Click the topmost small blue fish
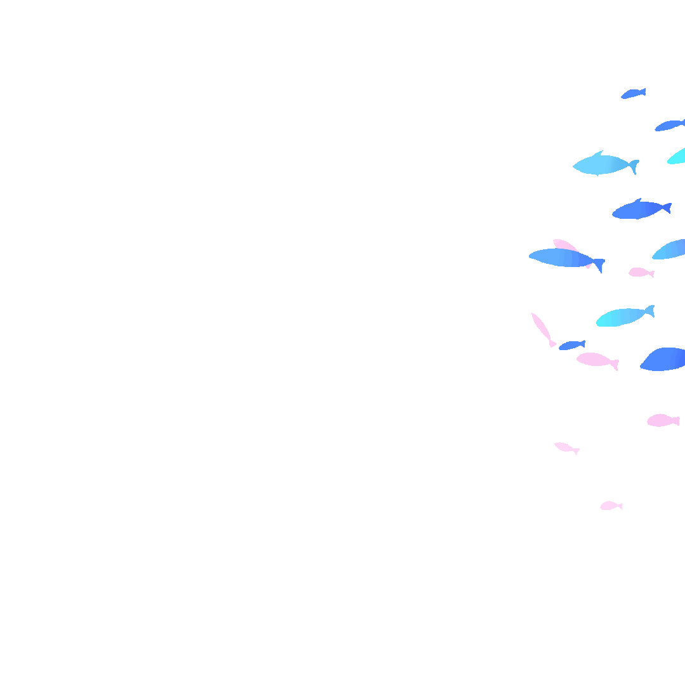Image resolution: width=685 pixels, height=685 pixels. point(632,94)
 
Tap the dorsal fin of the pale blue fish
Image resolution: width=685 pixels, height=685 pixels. point(597,153)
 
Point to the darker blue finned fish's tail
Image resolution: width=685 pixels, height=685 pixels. point(666,207)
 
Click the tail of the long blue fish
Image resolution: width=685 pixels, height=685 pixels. point(598,264)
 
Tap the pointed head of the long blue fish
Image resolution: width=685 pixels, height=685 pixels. point(533,256)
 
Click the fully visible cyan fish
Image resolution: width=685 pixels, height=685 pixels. point(622,316)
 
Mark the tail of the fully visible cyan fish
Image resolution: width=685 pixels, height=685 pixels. point(649,311)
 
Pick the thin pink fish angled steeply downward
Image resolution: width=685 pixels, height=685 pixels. point(541,327)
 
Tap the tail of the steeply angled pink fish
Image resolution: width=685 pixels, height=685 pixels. point(552,344)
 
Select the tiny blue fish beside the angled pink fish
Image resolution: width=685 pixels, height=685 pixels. point(571,345)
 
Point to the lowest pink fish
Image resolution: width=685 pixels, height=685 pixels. point(610,506)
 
